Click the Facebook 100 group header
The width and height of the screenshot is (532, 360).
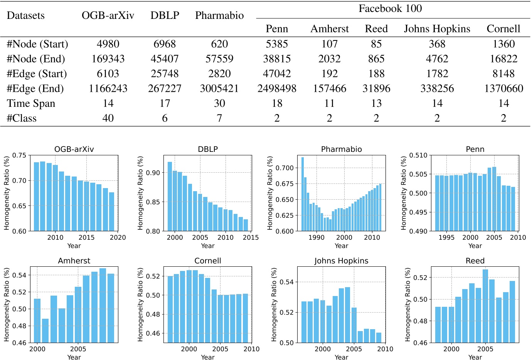click(390, 8)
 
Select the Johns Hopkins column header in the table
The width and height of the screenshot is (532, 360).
click(437, 29)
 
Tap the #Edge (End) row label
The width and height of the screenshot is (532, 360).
click(35, 89)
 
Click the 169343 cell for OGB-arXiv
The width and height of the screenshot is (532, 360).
click(108, 59)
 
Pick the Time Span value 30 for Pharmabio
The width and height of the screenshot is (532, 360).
click(219, 103)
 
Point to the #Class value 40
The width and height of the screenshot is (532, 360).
click(108, 118)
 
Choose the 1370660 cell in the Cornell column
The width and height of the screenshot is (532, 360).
click(503, 89)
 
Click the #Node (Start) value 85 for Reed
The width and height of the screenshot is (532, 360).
click(376, 44)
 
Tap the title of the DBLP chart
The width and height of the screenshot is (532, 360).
click(208, 149)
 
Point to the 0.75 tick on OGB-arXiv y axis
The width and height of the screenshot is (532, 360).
click(19, 155)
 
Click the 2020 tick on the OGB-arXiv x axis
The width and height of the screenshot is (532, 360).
click(118, 237)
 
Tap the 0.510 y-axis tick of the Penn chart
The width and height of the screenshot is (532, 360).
click(418, 155)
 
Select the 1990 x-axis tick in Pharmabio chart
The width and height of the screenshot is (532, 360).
click(317, 237)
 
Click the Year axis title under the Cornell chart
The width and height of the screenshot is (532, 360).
click(208, 357)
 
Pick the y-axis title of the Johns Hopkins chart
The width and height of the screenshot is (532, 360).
click(274, 304)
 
